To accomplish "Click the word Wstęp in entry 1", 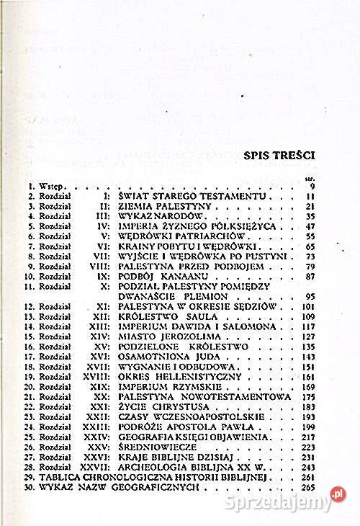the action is coord(38,186).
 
